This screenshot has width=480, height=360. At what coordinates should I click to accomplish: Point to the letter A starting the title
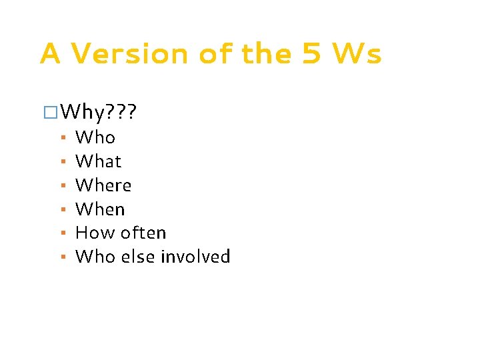click(51, 54)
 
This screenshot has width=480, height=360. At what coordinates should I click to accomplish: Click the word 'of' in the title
click(218, 54)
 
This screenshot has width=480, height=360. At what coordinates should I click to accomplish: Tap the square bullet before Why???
click(48, 112)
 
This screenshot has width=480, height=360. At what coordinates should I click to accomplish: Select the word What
click(99, 161)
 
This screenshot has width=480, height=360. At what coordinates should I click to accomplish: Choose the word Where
click(103, 185)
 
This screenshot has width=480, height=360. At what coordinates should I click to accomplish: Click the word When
click(100, 209)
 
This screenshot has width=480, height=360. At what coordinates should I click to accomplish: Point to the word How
click(93, 233)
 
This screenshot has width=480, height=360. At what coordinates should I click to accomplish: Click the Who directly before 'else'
click(95, 257)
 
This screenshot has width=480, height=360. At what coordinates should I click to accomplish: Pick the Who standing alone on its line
click(95, 137)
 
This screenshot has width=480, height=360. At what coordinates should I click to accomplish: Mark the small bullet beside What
click(61, 162)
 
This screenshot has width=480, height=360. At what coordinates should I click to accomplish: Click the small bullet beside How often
click(61, 233)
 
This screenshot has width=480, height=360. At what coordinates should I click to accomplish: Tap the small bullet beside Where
click(61, 186)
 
